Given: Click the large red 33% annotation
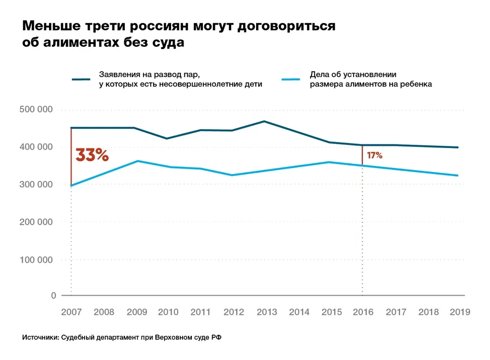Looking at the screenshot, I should [x=92, y=155].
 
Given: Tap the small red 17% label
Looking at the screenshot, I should [x=374, y=156].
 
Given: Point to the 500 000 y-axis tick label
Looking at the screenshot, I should [x=37, y=110].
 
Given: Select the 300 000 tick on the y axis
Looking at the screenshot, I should [x=37, y=184].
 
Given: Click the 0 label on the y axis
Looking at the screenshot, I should [x=53, y=295].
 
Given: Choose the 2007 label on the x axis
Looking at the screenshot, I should [x=71, y=312].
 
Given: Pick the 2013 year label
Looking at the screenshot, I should [x=267, y=312].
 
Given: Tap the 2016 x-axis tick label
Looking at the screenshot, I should [x=363, y=312].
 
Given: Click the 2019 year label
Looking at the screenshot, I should [x=459, y=312].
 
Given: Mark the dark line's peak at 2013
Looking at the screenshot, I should [x=264, y=121].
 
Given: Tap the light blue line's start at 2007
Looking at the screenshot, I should [x=71, y=186].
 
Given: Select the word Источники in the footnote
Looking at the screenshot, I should [x=40, y=338].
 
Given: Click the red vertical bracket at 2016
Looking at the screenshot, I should [x=362, y=155].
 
